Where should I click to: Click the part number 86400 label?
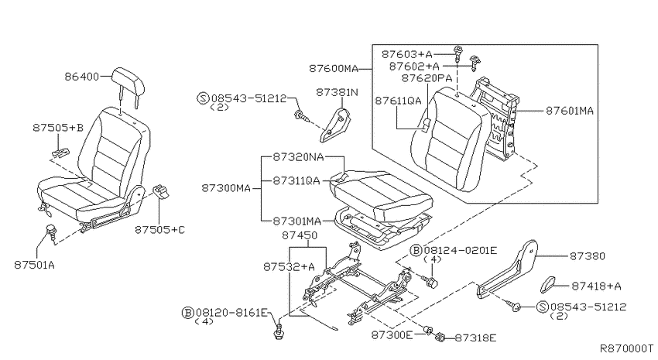(x=81, y=77)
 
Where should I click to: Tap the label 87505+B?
(x=58, y=128)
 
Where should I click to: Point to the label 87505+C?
(x=160, y=230)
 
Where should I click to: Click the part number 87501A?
(x=34, y=266)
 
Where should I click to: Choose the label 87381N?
(x=337, y=92)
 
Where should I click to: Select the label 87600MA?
(x=334, y=68)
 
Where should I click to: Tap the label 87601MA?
(x=570, y=111)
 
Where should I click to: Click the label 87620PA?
(x=427, y=78)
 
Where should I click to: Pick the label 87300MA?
(x=226, y=188)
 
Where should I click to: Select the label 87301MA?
(x=297, y=221)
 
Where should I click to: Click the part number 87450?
(x=300, y=235)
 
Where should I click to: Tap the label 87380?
(x=587, y=256)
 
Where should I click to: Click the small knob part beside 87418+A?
(x=548, y=285)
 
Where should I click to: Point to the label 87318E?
(x=475, y=338)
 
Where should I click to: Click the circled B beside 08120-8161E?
(x=188, y=313)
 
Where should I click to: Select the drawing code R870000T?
(x=626, y=348)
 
